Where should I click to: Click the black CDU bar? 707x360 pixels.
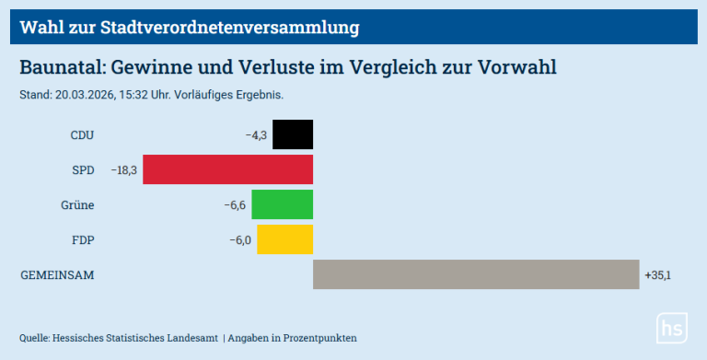coord(293,134)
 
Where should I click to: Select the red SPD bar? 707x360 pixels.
coord(227,169)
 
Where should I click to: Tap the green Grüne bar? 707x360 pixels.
coord(282,204)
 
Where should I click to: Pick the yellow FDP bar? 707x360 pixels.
coord(284,239)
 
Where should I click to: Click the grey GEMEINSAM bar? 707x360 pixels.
coord(475,274)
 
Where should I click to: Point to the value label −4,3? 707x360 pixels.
coord(256,135)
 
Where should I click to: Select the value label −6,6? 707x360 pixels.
coord(235,205)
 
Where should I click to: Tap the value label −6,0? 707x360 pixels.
coord(240,240)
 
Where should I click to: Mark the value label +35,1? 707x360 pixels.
coord(658,275)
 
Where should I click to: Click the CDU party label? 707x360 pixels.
coord(82,135)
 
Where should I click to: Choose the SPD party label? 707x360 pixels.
coord(83,170)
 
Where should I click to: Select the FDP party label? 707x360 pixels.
coord(83,240)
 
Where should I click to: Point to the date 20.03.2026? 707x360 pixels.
coord(83,95)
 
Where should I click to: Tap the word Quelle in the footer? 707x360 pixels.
coord(35,338)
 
